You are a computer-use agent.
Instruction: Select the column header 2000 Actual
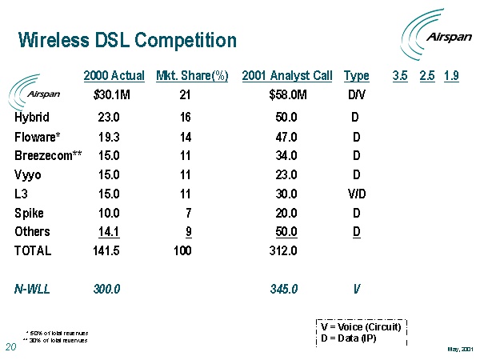[114, 76]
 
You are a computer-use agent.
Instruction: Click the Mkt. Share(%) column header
[192, 76]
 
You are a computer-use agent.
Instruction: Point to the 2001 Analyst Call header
[286, 76]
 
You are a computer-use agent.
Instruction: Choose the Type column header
[356, 76]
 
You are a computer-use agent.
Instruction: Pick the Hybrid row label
[32, 117]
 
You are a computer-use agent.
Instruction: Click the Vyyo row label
[29, 174]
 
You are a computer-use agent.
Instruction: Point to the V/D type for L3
[356, 194]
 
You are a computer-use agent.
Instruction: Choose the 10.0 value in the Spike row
[110, 213]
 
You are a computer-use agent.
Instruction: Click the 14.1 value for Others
[110, 232]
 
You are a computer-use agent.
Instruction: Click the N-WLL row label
[32, 289]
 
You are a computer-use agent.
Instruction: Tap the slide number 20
[11, 347]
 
